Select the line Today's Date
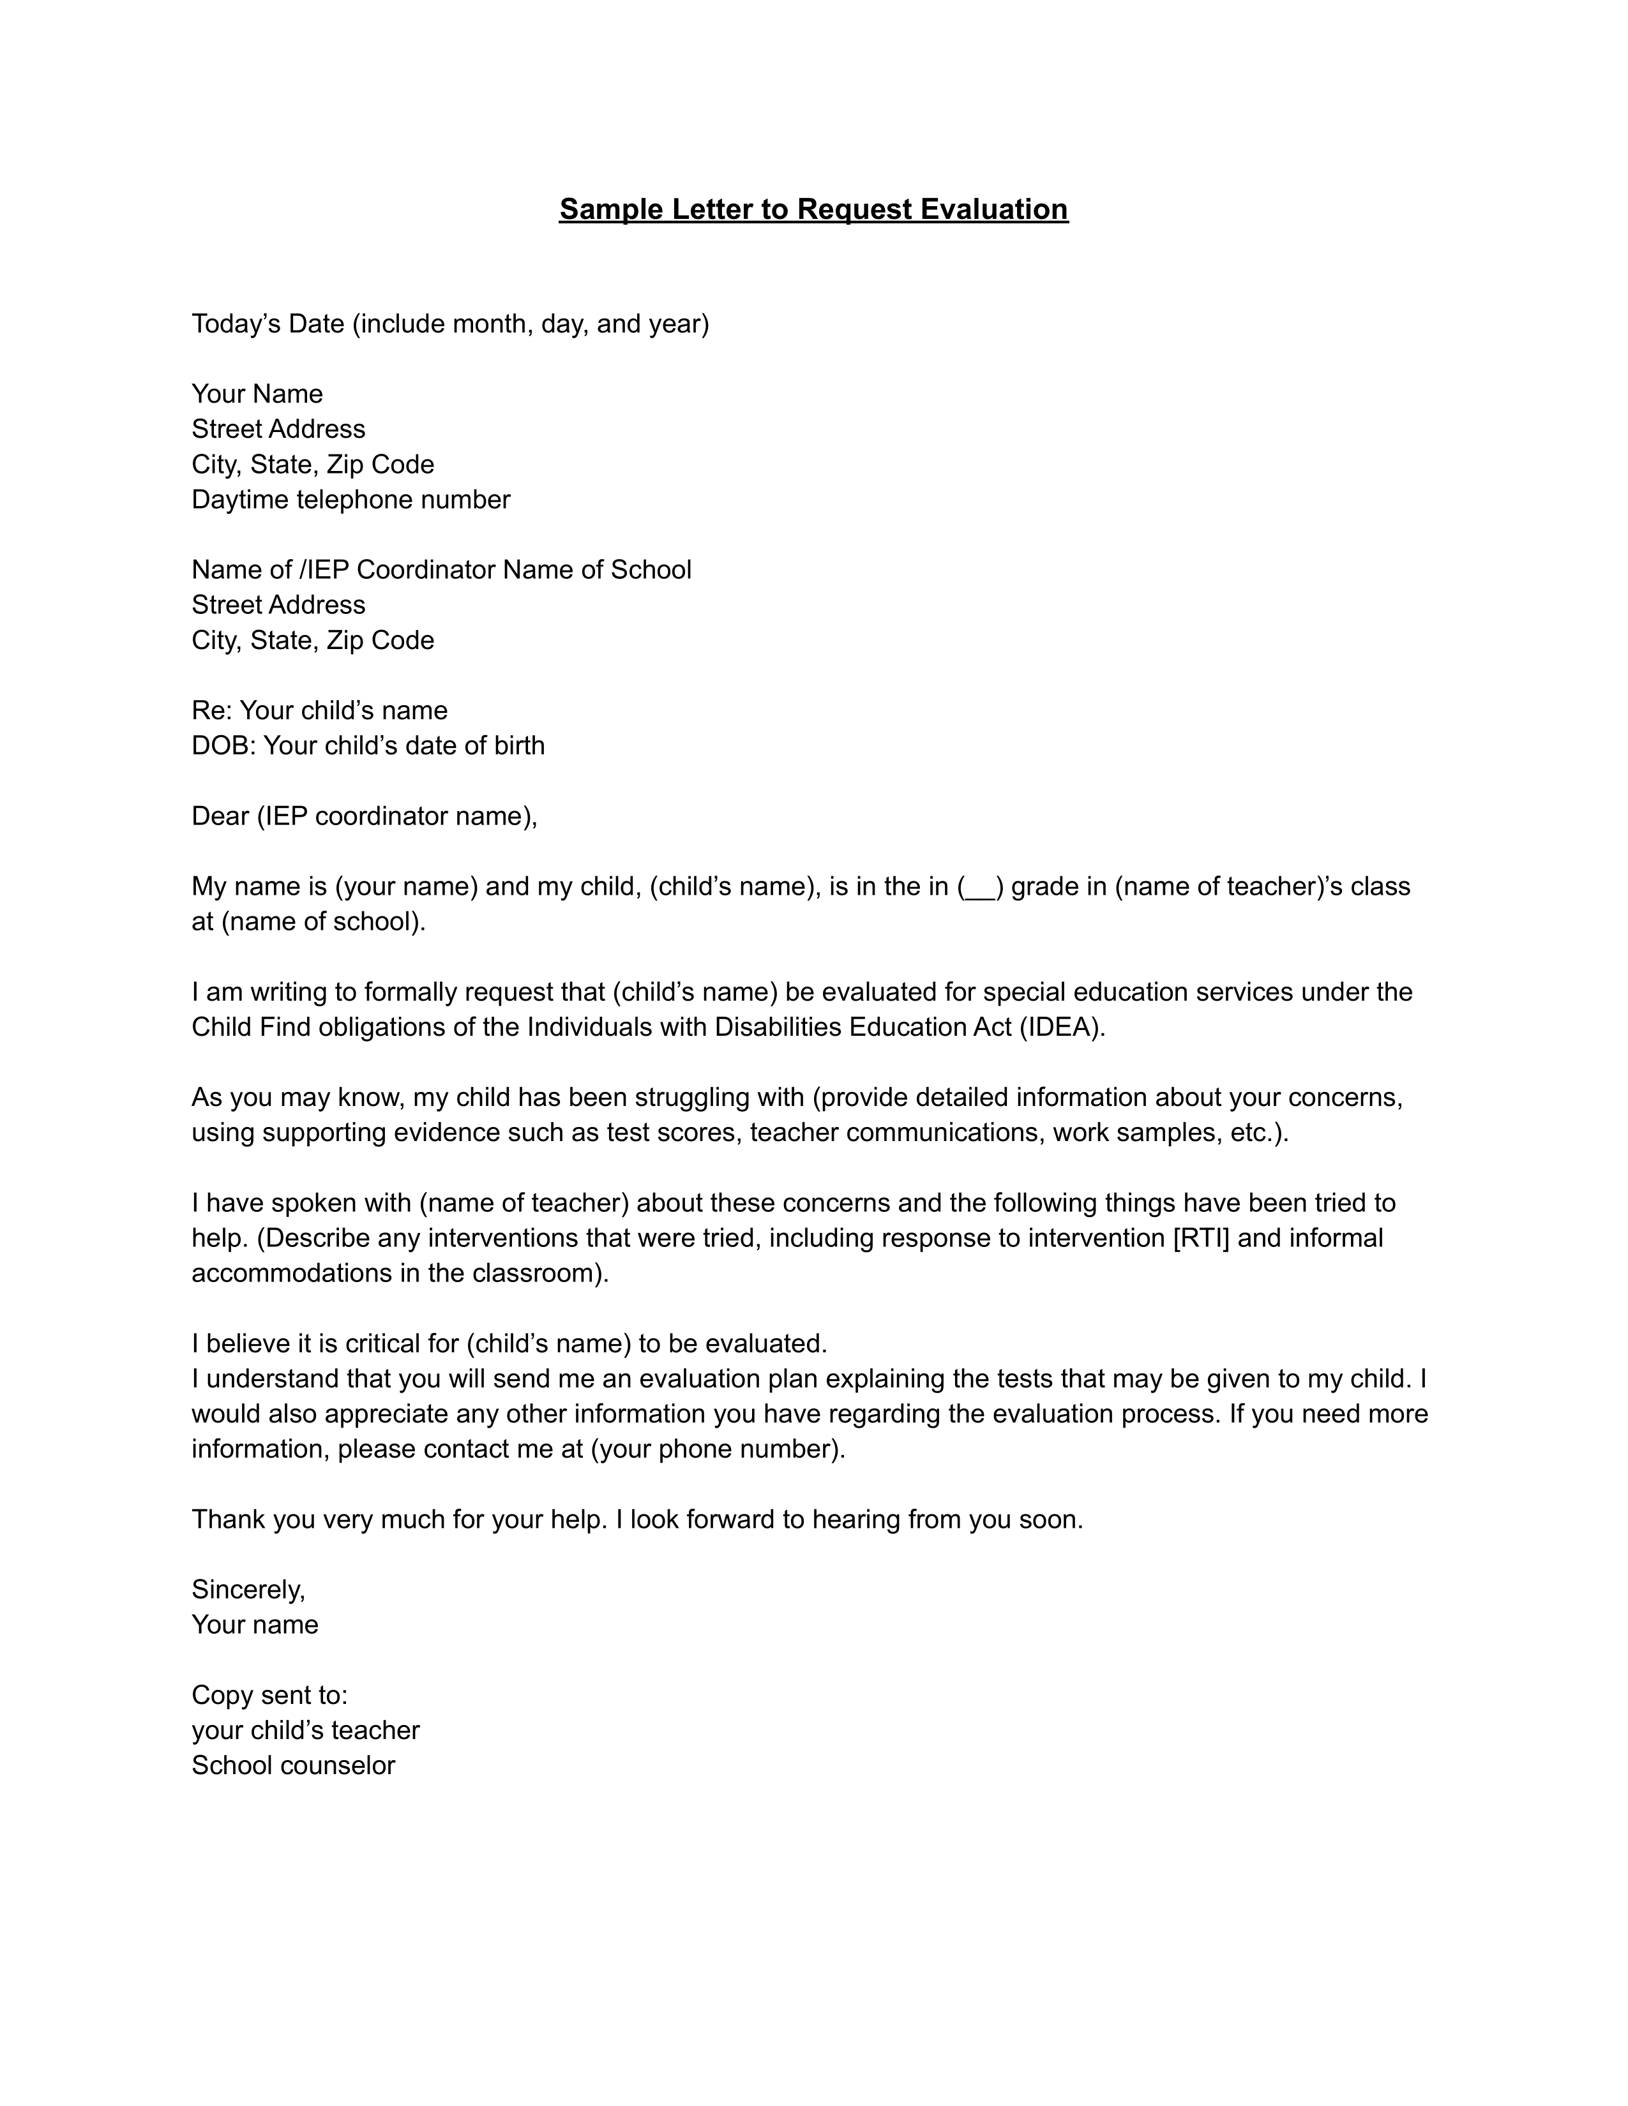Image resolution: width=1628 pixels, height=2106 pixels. [449, 324]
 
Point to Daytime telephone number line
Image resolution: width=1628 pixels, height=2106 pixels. [350, 500]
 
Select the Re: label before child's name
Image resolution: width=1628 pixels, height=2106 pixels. [211, 711]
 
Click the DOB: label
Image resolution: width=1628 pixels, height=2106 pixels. [223, 745]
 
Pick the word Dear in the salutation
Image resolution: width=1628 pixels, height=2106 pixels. [220, 817]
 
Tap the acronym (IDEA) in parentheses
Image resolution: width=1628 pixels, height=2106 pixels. [1061, 1027]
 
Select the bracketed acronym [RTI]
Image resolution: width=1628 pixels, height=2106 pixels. [1201, 1238]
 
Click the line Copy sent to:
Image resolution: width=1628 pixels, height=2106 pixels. [269, 1695]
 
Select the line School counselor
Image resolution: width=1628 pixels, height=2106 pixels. [293, 1766]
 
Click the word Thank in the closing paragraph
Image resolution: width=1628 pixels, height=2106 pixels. [229, 1520]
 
